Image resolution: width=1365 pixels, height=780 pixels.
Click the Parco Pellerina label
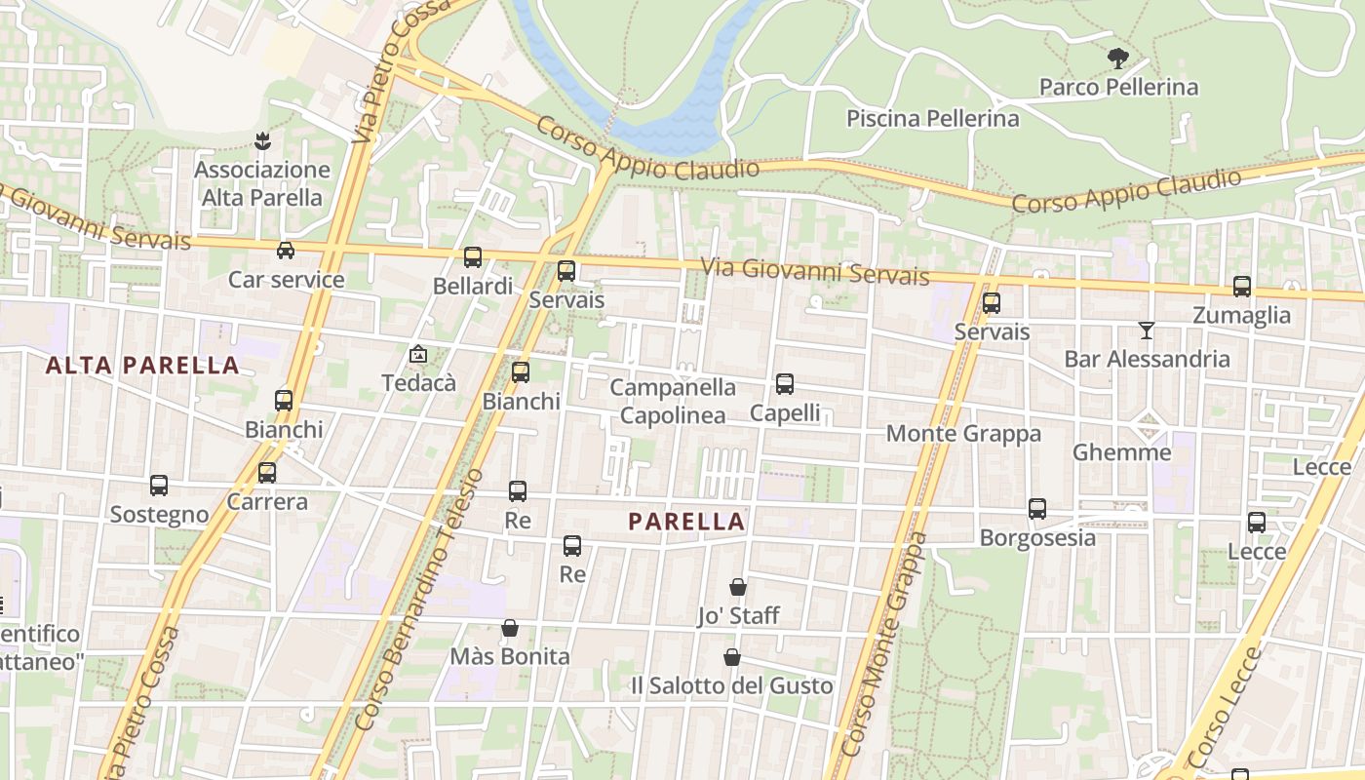point(1118,88)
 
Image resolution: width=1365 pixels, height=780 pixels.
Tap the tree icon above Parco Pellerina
point(1118,58)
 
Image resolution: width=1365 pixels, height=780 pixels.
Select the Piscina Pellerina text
point(932,119)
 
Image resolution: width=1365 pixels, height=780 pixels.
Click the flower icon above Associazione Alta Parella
point(261,141)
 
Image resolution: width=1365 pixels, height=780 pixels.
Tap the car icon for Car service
point(286,251)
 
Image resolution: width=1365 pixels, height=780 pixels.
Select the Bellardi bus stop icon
point(473,257)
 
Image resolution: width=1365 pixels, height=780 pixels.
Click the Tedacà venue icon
point(418,355)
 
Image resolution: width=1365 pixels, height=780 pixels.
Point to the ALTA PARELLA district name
point(142,366)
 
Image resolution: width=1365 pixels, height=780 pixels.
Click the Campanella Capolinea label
point(673,402)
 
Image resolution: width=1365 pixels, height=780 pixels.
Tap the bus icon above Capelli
point(785,384)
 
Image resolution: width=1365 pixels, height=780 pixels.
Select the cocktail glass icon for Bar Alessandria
point(1147,331)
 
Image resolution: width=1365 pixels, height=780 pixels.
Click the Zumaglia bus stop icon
point(1242,287)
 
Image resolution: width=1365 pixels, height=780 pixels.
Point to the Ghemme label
point(1121,452)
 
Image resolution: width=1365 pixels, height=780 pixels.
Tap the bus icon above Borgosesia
point(1037,509)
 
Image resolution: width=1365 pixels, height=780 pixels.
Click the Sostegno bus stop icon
point(159,486)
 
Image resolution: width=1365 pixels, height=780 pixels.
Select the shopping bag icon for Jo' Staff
point(738,587)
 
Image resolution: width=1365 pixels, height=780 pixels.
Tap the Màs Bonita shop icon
point(509,628)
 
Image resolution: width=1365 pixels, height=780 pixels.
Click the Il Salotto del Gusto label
point(731,686)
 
